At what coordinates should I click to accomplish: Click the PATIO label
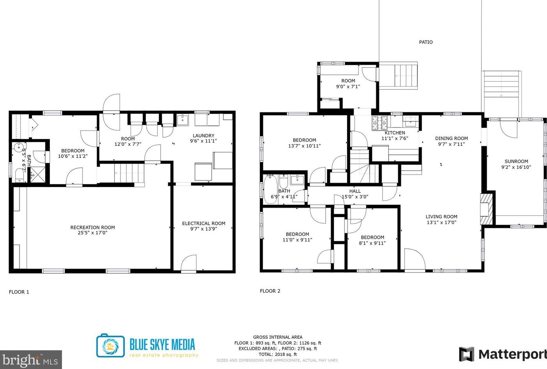pos(426,42)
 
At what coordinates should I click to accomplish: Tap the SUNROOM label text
pos(516,161)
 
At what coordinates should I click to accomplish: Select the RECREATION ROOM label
pos(93,227)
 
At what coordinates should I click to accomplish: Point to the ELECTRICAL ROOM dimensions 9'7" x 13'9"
pos(203,229)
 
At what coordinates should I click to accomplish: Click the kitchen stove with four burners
pos(380,123)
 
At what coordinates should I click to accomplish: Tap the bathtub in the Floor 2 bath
pos(270,189)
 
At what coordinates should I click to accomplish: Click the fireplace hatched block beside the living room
pos(486,209)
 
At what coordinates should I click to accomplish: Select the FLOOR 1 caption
pos(19,292)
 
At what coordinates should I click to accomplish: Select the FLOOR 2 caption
pos(270,291)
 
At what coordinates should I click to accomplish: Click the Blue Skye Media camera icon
pos(110,345)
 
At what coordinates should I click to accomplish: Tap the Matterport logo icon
pos(466,354)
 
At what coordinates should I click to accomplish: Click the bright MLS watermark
pos(31,360)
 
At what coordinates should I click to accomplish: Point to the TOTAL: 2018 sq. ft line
pos(278,354)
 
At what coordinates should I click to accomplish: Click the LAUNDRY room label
pos(203,136)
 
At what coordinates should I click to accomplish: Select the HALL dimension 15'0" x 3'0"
pos(355,197)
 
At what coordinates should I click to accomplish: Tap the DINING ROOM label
pos(452,138)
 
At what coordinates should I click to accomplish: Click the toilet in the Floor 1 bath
pos(19,175)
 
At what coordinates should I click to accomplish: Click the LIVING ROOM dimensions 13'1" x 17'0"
pos(442,222)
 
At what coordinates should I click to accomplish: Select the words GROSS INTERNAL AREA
pos(278,337)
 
